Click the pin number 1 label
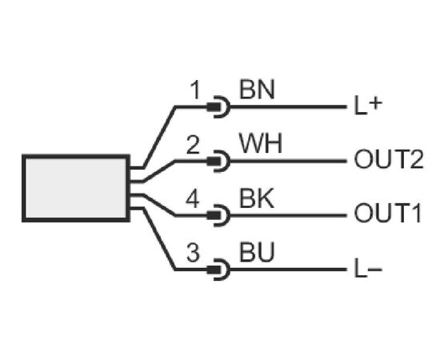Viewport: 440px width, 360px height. pos(195,90)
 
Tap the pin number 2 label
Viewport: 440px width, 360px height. pos(193,145)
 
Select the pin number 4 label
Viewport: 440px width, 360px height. pos(193,199)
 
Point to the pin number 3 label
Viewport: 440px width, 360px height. pos(193,253)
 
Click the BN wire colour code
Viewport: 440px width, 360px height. pos(257,90)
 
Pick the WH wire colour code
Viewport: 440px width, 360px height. pos(261,143)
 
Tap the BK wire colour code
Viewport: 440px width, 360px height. pos(257,199)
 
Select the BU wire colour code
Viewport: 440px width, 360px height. pos(257,253)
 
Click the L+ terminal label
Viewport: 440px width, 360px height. pos(368,106)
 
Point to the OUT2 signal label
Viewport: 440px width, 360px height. pos(389,159)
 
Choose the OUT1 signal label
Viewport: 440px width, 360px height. pos(388,214)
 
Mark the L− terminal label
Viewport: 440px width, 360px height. pos(368,269)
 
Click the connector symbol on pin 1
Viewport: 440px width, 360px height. pos(219,106)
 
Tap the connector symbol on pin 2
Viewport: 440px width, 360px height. pos(219,161)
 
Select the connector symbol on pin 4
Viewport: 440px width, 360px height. pos(219,215)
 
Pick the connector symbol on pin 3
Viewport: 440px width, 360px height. pos(219,270)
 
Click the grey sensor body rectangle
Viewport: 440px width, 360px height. pos(76,188)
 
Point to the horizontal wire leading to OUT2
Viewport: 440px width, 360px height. pos(289,161)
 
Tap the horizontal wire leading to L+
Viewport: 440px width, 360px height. pos(289,106)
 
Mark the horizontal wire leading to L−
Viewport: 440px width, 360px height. pos(289,270)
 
